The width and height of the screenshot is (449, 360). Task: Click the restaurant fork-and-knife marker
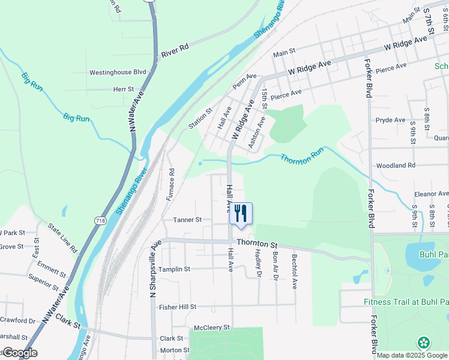pyautogui.click(x=241, y=214)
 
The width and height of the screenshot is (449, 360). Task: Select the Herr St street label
pyautogui.click(x=123, y=89)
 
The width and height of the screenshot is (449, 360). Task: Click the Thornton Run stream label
pyautogui.click(x=298, y=160)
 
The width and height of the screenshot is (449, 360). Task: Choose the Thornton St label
pyautogui.click(x=257, y=244)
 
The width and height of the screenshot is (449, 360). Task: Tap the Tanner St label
pyautogui.click(x=187, y=220)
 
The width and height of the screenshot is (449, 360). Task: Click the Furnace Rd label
pyautogui.click(x=171, y=179)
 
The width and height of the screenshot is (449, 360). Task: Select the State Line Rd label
pyautogui.click(x=64, y=238)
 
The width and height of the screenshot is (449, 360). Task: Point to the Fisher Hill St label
pyautogui.click(x=178, y=307)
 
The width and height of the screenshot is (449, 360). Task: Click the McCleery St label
pyautogui.click(x=212, y=328)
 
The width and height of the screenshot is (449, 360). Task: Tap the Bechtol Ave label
pyautogui.click(x=295, y=269)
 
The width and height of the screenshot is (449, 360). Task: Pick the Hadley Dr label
pyautogui.click(x=259, y=265)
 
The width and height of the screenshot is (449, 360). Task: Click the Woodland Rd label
pyautogui.click(x=395, y=166)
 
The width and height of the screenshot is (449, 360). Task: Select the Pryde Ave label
pyautogui.click(x=391, y=120)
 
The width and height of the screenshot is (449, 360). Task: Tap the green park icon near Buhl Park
pyautogui.click(x=424, y=343)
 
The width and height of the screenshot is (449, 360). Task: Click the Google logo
pyautogui.click(x=19, y=353)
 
